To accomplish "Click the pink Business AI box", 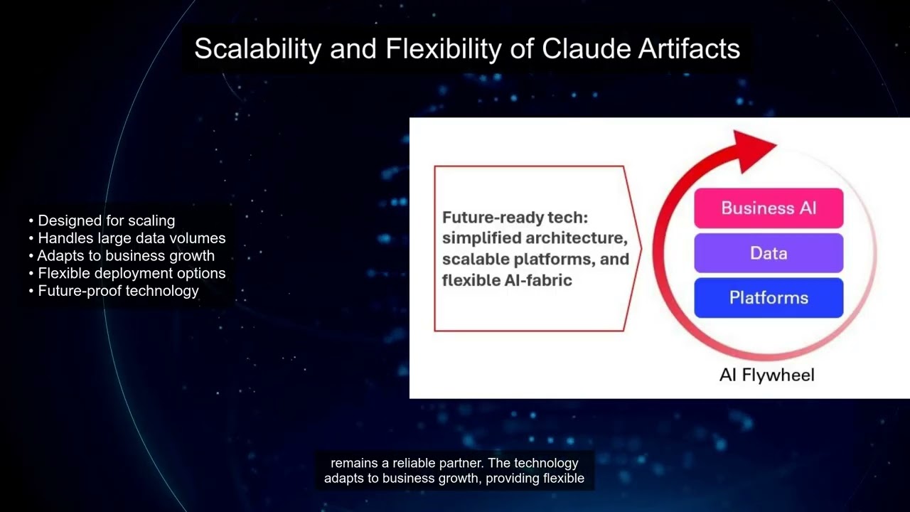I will tap(768, 208).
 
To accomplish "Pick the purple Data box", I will tap(768, 253).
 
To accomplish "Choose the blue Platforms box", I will tap(768, 298).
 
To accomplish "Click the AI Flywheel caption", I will tap(766, 375).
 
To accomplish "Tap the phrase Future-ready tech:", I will tap(515, 217).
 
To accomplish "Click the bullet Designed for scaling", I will tap(106, 220).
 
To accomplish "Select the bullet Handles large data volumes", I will tap(131, 238).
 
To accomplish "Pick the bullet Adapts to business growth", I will tap(125, 256).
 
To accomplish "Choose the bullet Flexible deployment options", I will tap(131, 273).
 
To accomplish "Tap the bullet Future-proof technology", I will tap(118, 291).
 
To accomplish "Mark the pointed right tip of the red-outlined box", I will tap(640, 248).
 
